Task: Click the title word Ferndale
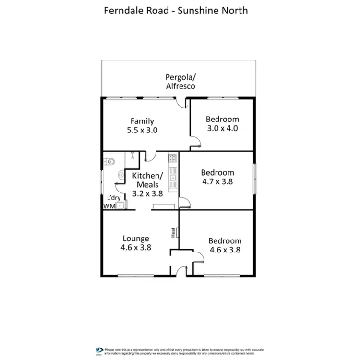point(120,10)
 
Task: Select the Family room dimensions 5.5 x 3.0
point(142,130)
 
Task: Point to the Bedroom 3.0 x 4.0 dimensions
point(222,128)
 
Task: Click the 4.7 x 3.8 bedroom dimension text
point(217,181)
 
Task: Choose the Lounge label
point(136,239)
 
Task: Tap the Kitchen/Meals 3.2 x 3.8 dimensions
point(147,194)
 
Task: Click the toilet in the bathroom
point(110,161)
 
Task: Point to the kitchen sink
point(172,178)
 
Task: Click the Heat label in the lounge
point(173,232)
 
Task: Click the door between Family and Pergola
point(181,101)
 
